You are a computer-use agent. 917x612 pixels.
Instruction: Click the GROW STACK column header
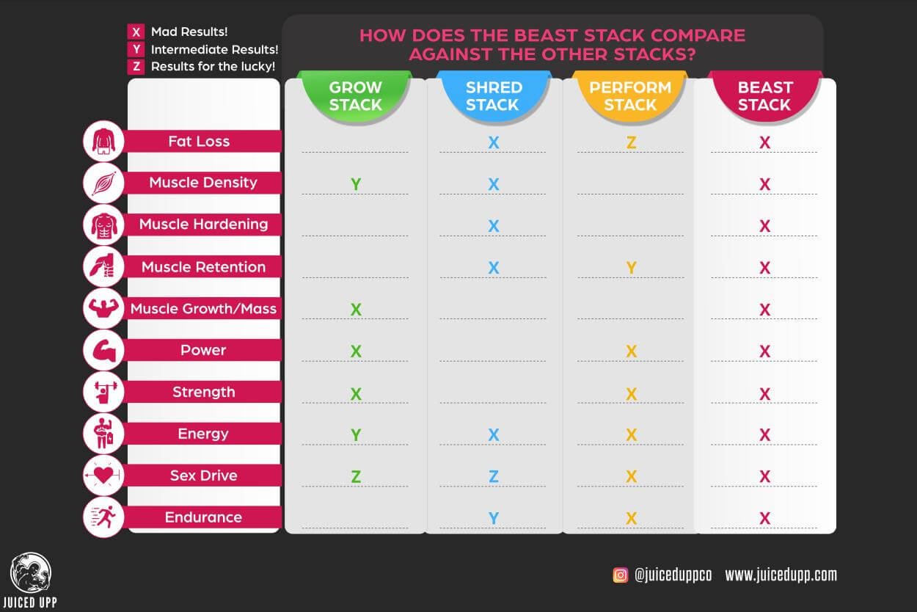click(355, 96)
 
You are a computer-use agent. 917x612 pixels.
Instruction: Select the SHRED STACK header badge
click(492, 96)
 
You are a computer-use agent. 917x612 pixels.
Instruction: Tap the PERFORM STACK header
click(630, 96)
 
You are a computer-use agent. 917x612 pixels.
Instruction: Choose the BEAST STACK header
click(764, 96)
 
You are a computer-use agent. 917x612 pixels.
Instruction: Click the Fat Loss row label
click(199, 142)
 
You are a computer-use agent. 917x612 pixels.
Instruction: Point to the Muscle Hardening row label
click(203, 225)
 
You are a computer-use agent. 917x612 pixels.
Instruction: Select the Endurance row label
click(203, 517)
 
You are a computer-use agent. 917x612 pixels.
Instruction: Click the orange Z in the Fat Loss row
click(631, 142)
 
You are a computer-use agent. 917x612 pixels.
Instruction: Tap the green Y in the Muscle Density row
click(356, 184)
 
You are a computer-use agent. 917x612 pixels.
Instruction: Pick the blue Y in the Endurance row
click(494, 519)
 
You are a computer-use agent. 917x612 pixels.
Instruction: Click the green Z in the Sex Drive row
click(356, 477)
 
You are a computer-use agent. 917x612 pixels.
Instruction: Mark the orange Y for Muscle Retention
click(631, 268)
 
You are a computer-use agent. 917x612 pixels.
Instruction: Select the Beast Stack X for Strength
click(764, 394)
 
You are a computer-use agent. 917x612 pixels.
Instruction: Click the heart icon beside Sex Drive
click(103, 476)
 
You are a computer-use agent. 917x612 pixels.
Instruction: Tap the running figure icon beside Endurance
click(103, 517)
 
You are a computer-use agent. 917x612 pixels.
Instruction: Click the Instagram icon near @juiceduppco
click(621, 575)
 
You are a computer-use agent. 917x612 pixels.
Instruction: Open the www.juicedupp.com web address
click(781, 575)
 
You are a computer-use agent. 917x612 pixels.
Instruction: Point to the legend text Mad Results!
click(189, 32)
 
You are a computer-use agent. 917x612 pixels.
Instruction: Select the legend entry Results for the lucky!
click(213, 67)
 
